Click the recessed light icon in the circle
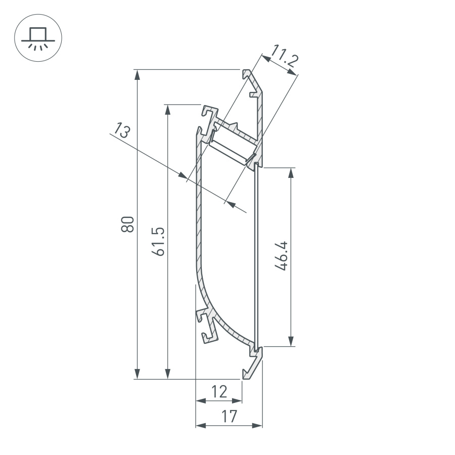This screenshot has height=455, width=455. click(38, 38)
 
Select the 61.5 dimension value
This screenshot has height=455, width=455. click(158, 241)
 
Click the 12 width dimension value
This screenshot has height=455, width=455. click(219, 391)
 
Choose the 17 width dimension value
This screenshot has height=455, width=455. click(229, 417)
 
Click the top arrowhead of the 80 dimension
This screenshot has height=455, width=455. click(137, 74)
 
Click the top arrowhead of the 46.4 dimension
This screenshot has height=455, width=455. click(291, 172)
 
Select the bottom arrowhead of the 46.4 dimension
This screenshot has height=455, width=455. click(291, 341)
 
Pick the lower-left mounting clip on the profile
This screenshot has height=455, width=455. click(207, 326)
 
